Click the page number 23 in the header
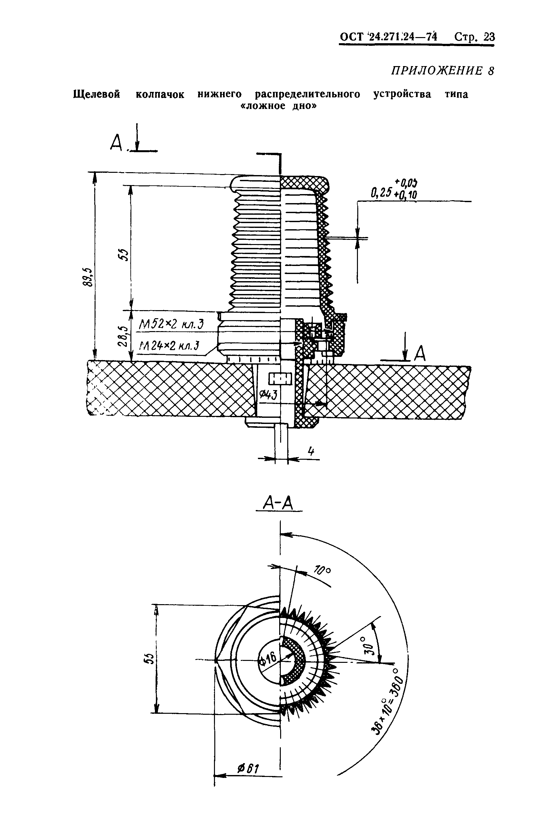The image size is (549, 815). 490,37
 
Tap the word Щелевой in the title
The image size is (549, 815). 97,94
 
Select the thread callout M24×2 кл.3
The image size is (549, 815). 169,346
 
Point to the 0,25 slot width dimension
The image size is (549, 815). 380,193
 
